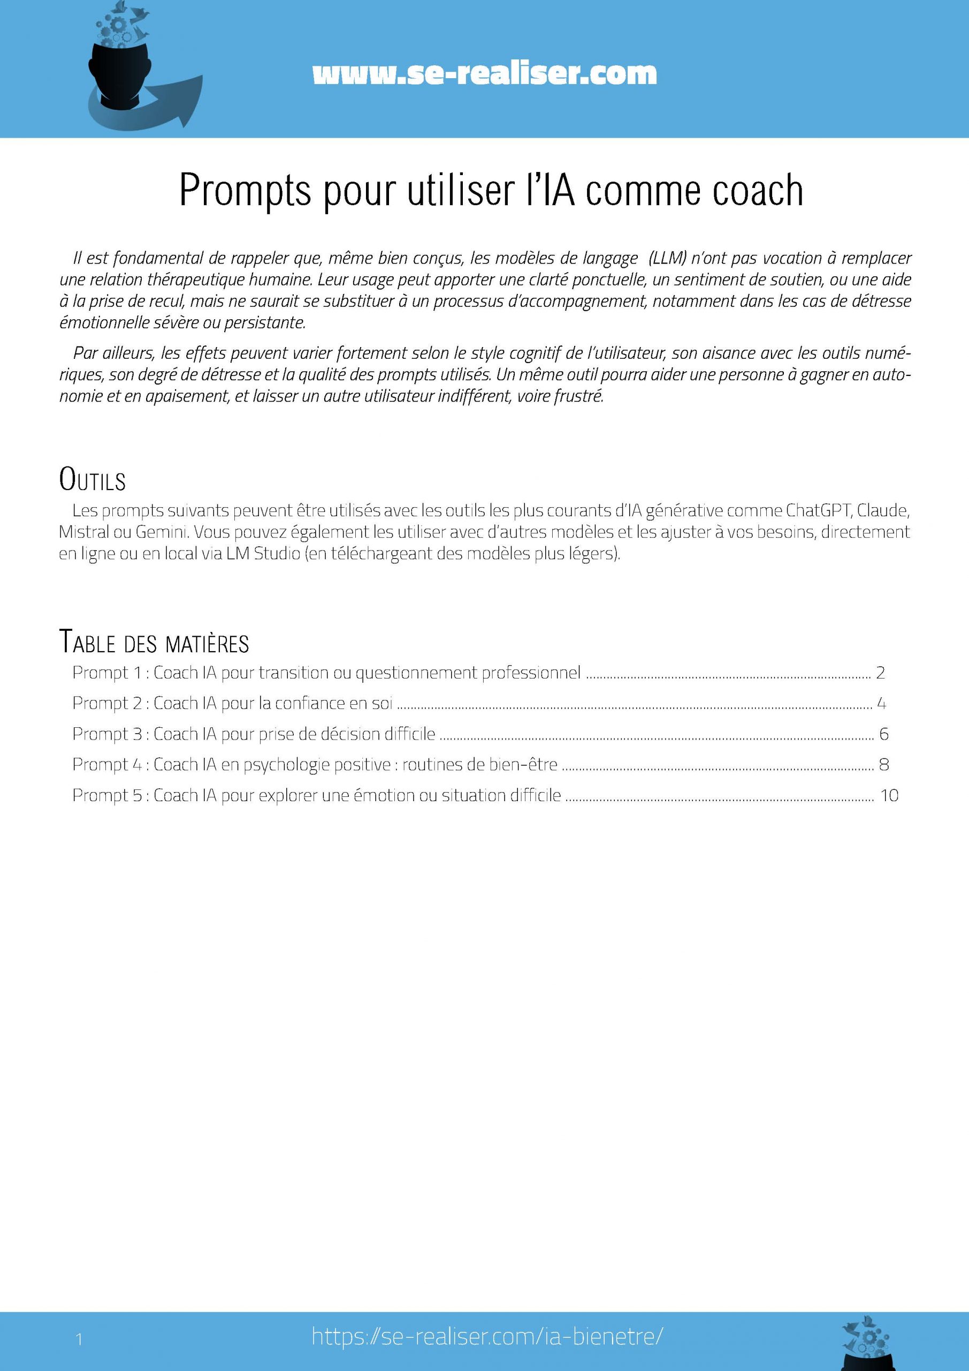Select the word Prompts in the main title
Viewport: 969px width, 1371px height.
pyautogui.click(x=245, y=191)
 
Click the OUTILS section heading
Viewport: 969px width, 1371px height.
pyautogui.click(x=93, y=480)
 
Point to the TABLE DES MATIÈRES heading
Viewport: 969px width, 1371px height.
pyautogui.click(x=154, y=643)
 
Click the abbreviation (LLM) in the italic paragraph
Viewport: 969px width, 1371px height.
pyautogui.click(x=668, y=259)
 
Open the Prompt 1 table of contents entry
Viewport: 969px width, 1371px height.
pyautogui.click(x=326, y=673)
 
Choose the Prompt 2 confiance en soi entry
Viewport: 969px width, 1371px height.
pyautogui.click(x=232, y=703)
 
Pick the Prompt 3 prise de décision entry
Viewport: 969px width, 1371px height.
pyautogui.click(x=254, y=734)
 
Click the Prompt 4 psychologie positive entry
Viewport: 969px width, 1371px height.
pyautogui.click(x=315, y=764)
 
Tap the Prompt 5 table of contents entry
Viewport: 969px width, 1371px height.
pyautogui.click(x=316, y=795)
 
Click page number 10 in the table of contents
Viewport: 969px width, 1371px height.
pyautogui.click(x=889, y=795)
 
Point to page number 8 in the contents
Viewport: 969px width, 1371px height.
pyautogui.click(x=884, y=764)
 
